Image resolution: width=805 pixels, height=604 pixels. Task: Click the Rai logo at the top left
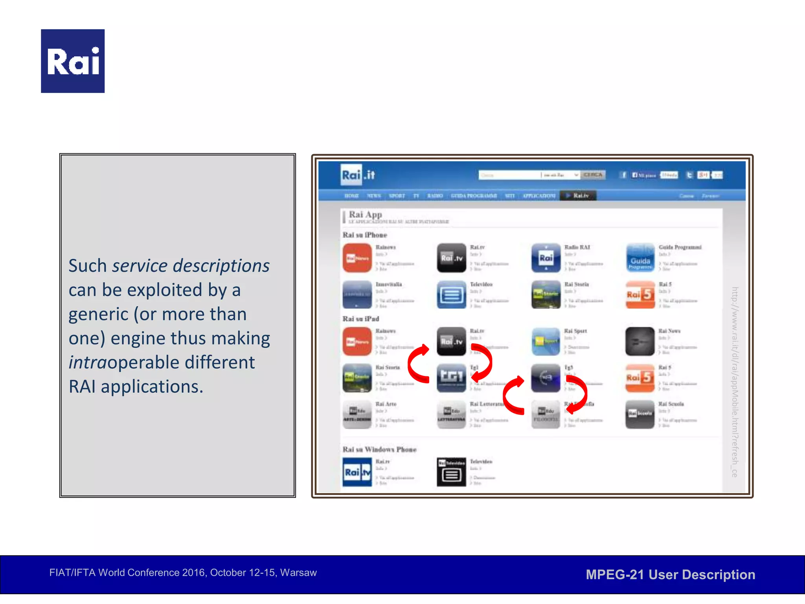pos(73,61)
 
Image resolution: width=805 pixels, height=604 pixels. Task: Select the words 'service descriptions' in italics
pos(191,266)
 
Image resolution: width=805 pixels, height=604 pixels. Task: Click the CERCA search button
pos(593,175)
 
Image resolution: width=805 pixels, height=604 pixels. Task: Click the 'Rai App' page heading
pos(365,215)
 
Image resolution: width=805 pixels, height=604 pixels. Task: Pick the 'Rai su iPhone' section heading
pos(365,235)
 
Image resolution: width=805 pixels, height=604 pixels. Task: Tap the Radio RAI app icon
pos(546,258)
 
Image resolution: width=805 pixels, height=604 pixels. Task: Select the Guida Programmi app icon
pos(640,258)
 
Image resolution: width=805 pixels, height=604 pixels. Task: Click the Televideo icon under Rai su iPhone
pos(451,295)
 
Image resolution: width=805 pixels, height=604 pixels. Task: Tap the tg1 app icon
pos(451,377)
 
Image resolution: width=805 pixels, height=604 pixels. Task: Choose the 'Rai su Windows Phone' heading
pos(379,449)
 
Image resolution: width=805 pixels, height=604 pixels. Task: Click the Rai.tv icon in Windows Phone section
pos(357,472)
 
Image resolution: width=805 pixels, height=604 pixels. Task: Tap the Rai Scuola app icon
pos(640,414)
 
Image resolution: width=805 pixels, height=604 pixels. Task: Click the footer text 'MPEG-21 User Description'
pos(670,575)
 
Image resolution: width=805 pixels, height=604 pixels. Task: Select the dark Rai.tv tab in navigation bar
pos(578,195)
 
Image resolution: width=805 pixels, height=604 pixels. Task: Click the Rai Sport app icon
pos(546,341)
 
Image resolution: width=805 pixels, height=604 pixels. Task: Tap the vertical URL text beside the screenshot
pos(734,381)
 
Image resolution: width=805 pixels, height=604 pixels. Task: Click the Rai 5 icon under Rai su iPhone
pos(640,295)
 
